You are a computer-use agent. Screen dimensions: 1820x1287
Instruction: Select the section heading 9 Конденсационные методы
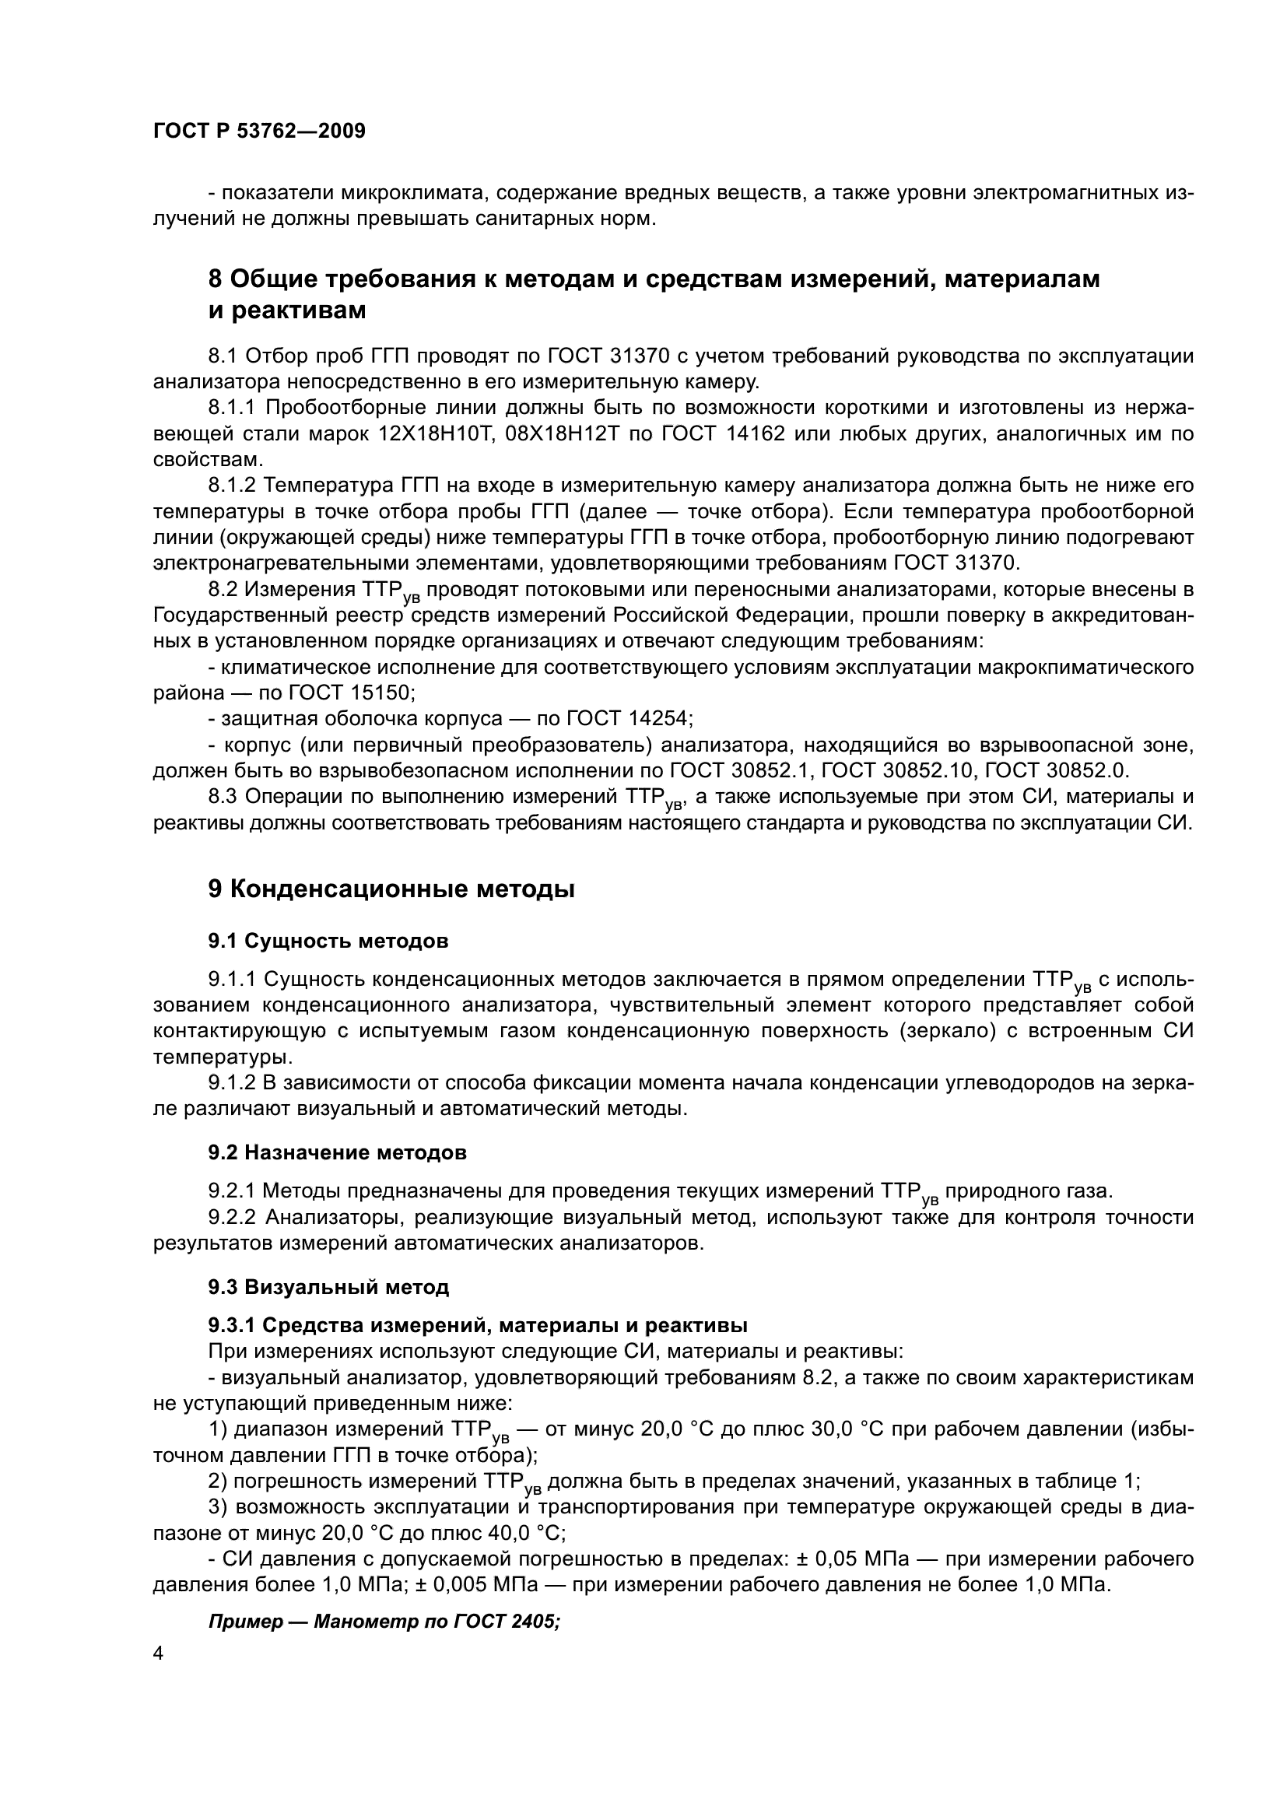(391, 889)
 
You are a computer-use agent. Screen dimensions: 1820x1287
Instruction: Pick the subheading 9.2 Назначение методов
(337, 1152)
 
